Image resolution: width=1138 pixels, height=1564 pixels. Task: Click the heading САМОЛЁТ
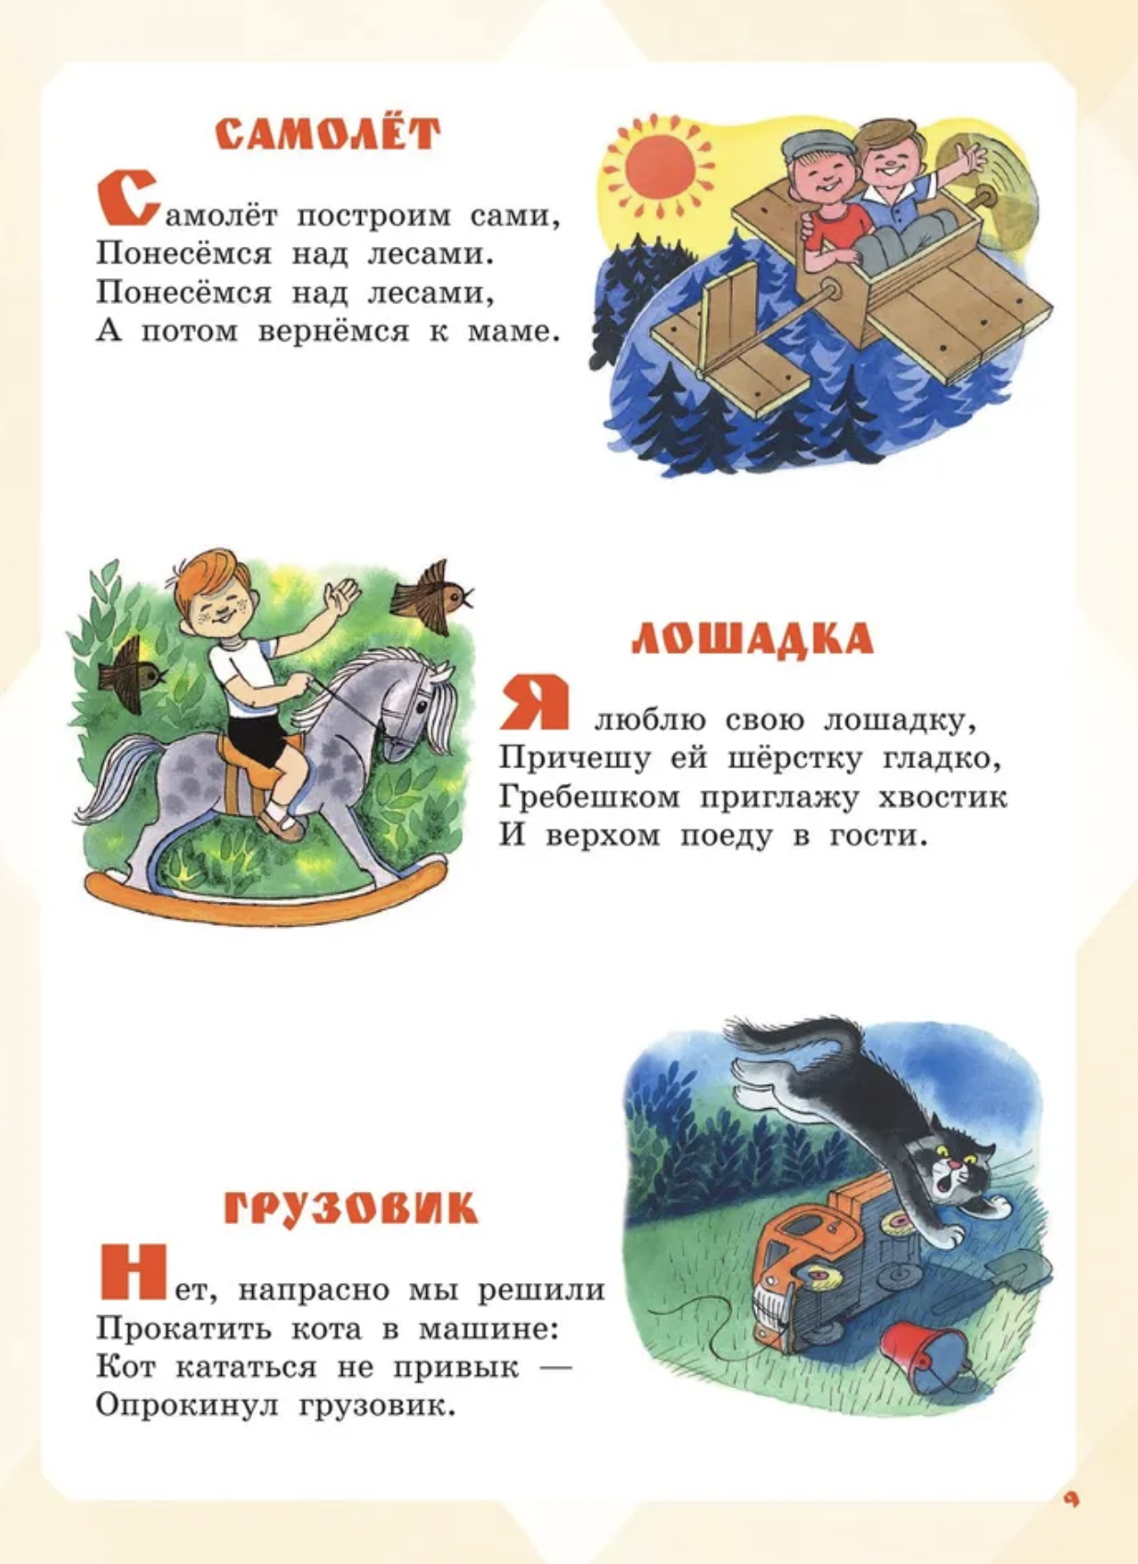tap(328, 134)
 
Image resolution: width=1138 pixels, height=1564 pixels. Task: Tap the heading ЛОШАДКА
tap(752, 639)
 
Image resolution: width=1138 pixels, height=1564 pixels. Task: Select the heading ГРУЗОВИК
tap(351, 1208)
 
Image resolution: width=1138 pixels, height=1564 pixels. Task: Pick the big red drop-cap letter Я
tap(535, 702)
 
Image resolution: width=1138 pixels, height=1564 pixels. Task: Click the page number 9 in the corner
tap(1070, 1500)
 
